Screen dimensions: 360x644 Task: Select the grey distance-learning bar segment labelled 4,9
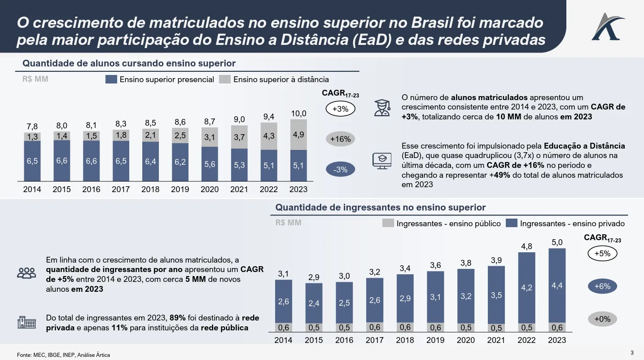298,135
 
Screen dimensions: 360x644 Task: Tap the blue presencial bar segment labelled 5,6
210,164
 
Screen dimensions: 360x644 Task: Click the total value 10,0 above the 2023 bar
298,114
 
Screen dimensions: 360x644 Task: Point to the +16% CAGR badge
340,139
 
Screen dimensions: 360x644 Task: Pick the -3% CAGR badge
340,170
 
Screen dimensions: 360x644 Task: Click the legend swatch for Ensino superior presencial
111,79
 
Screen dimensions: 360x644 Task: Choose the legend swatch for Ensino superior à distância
225,79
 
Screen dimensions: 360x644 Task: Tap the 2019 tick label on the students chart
180,189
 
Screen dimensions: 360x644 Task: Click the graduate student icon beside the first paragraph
382,108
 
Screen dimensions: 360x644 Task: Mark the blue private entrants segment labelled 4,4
557,285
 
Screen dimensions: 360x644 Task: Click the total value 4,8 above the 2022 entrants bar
526,246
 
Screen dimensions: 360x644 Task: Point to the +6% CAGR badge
602,286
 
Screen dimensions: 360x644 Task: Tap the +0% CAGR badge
602,319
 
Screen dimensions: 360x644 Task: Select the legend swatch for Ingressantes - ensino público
388,223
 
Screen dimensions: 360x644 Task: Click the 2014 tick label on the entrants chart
283,340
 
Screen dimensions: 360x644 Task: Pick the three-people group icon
26,272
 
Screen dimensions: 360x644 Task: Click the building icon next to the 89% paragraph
26,322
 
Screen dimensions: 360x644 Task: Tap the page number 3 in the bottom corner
632,351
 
